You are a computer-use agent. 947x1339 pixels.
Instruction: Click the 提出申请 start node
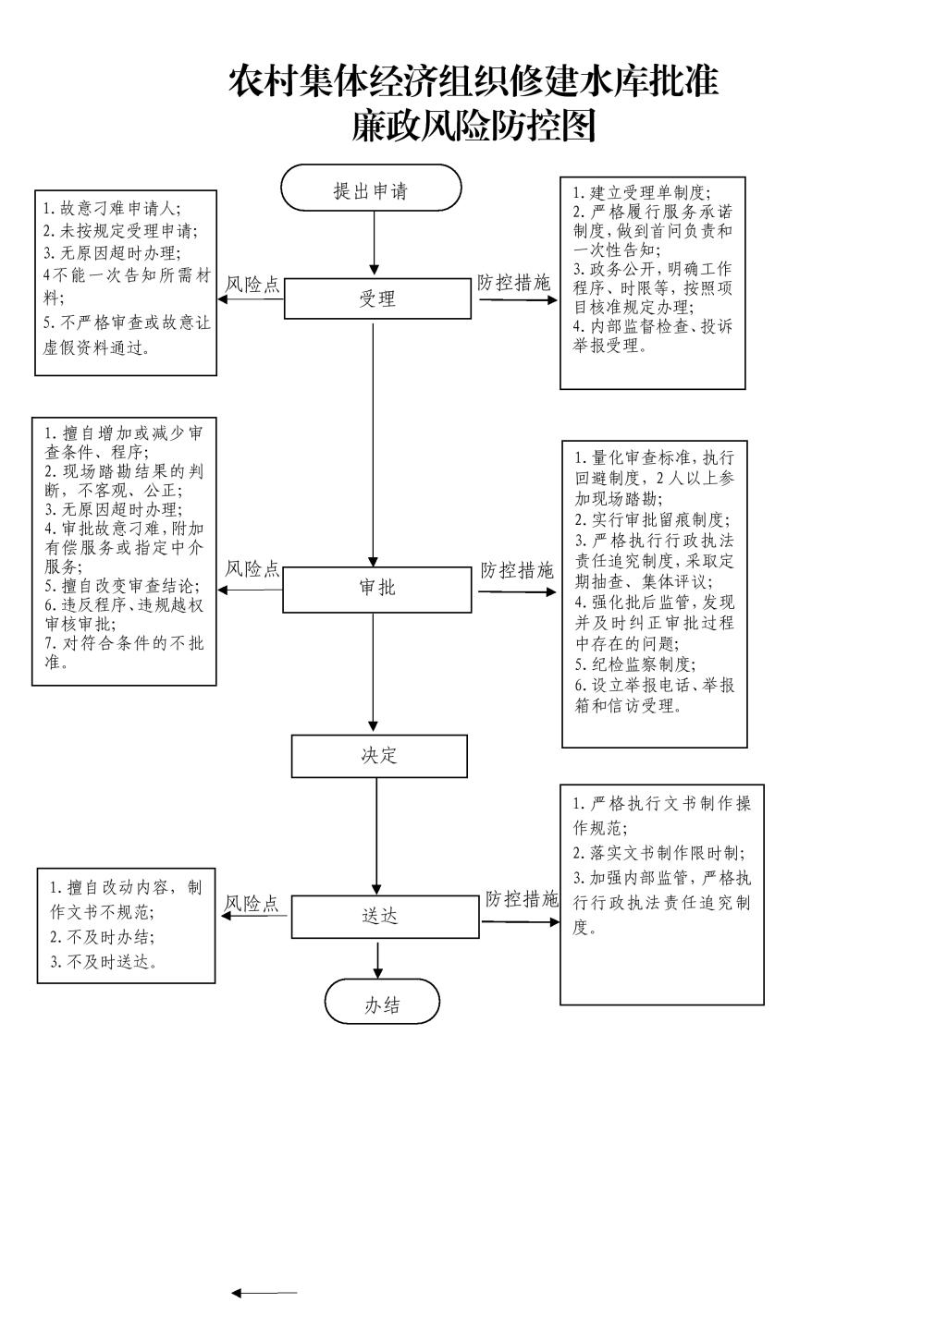pyautogui.click(x=371, y=188)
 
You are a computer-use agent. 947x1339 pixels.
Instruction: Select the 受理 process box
pyautogui.click(x=377, y=298)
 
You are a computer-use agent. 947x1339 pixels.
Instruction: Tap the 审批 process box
pyautogui.click(x=377, y=590)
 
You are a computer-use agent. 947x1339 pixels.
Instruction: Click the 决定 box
pyautogui.click(x=379, y=756)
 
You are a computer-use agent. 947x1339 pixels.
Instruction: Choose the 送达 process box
pyautogui.click(x=386, y=917)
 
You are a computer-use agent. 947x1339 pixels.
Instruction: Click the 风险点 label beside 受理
pyautogui.click(x=252, y=285)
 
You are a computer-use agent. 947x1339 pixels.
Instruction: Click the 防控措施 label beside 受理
pyautogui.click(x=514, y=283)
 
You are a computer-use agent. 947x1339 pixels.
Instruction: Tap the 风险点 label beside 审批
pyautogui.click(x=252, y=569)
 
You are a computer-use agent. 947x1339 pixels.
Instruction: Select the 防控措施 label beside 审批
pyautogui.click(x=518, y=571)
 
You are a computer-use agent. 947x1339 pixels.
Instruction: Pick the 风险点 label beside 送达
pyautogui.click(x=252, y=904)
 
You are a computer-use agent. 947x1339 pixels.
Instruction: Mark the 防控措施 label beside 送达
pyautogui.click(x=523, y=899)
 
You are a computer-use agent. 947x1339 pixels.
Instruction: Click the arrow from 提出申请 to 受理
pyautogui.click(x=375, y=243)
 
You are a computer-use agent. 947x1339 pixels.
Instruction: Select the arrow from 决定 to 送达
pyautogui.click(x=377, y=836)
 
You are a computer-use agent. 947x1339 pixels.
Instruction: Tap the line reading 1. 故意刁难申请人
pyautogui.click(x=111, y=209)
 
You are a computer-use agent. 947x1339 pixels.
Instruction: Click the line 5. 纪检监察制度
pyautogui.click(x=635, y=664)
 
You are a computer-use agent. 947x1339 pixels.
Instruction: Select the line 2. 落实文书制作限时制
pyautogui.click(x=659, y=853)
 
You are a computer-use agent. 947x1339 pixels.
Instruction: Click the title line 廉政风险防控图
pyautogui.click(x=473, y=126)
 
